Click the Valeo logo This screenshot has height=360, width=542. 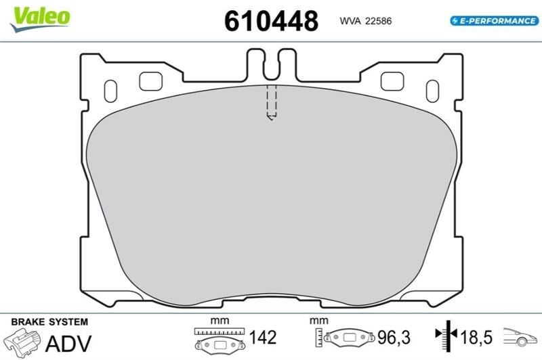(40, 19)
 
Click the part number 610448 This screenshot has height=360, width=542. (272, 21)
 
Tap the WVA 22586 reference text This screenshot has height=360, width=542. (366, 21)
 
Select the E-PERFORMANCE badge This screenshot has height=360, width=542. (495, 21)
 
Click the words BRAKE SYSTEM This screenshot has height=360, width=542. (49, 321)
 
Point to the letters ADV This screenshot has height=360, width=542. (68, 343)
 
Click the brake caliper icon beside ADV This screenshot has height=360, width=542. (22, 342)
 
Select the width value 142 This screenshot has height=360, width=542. (263, 337)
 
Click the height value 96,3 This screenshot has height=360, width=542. (394, 337)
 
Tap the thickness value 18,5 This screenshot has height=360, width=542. (476, 337)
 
